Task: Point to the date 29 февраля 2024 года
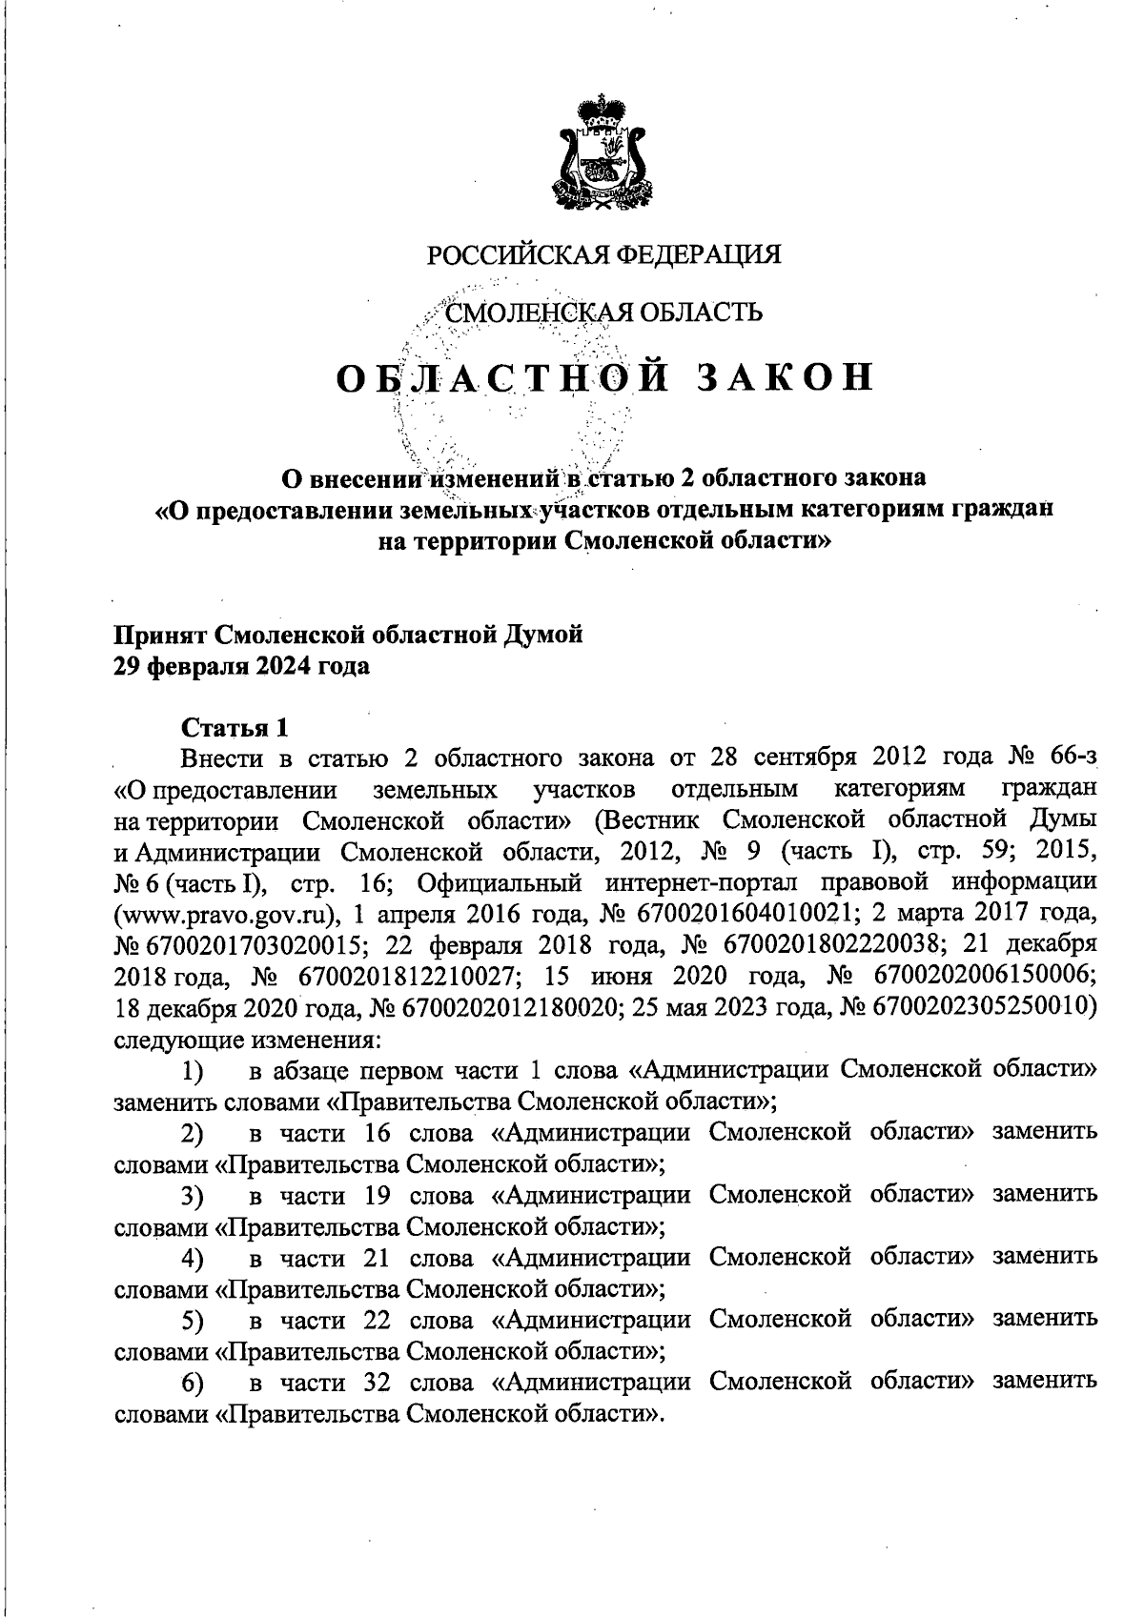[x=242, y=666]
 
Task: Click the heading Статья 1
[x=235, y=728]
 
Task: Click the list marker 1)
[x=193, y=1071]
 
